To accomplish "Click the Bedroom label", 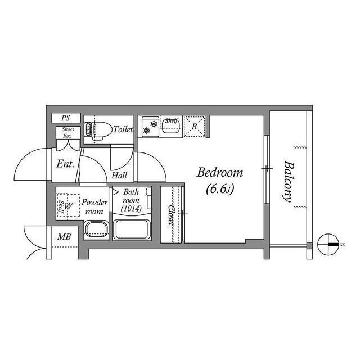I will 219,173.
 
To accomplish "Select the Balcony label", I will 288,181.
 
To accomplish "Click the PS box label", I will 66,118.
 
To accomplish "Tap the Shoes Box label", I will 67,133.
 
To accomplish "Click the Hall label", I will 119,175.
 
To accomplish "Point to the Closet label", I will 171,215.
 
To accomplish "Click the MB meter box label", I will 64,237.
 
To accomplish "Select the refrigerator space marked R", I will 195,127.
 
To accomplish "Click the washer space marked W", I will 68,206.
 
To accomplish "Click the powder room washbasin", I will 96,229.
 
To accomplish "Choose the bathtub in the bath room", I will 131,229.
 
